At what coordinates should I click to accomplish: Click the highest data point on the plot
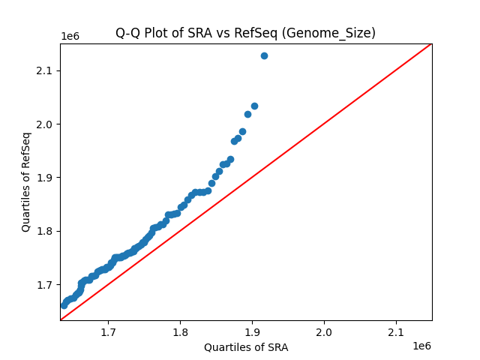coord(264,55)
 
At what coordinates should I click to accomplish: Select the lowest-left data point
coord(64,305)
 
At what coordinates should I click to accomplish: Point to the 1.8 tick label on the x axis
coord(180,331)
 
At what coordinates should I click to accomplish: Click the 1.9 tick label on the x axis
coord(252,331)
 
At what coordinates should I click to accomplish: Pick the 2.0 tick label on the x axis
coord(324,331)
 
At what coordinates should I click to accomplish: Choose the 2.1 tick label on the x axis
coord(396,331)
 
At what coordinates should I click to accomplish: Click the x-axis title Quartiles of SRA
coord(246,347)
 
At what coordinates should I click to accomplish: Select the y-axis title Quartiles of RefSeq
coord(26,181)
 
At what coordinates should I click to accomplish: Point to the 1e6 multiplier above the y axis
coord(70,37)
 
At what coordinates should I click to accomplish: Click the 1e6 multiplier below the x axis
coord(421,346)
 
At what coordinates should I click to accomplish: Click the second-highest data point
coord(254,106)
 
